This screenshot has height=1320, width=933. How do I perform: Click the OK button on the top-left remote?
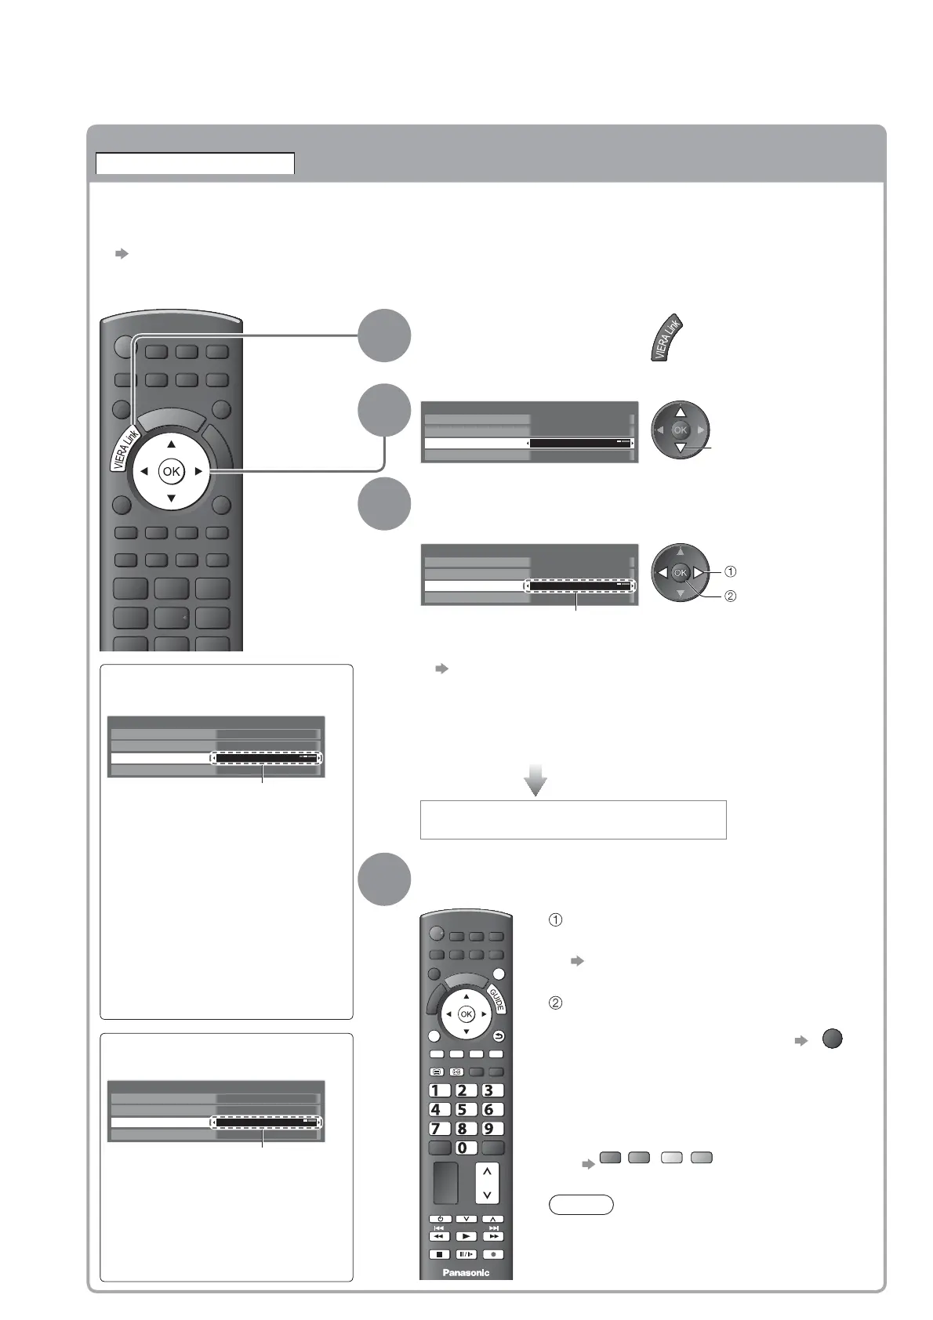(x=171, y=471)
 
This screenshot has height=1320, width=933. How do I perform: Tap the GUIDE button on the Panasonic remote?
(x=496, y=1000)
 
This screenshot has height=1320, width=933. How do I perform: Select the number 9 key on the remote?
(x=492, y=1129)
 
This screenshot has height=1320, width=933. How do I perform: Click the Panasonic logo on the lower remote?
(x=466, y=1272)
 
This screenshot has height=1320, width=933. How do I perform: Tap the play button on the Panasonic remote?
(x=466, y=1236)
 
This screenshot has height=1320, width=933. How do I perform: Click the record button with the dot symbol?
(x=494, y=1253)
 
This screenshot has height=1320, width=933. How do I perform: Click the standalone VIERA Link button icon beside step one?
(x=667, y=339)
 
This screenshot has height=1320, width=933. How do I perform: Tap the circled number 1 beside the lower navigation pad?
(x=729, y=571)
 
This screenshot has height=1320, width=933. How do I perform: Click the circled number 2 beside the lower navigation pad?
(x=729, y=596)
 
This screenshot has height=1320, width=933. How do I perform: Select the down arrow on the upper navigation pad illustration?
(x=680, y=448)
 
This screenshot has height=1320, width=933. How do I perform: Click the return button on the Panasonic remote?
(x=499, y=1035)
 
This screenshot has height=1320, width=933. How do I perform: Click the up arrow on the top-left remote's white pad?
(x=171, y=444)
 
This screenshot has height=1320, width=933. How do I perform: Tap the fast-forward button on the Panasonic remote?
(x=493, y=1236)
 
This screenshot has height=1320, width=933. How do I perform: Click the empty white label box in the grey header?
(x=194, y=163)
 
